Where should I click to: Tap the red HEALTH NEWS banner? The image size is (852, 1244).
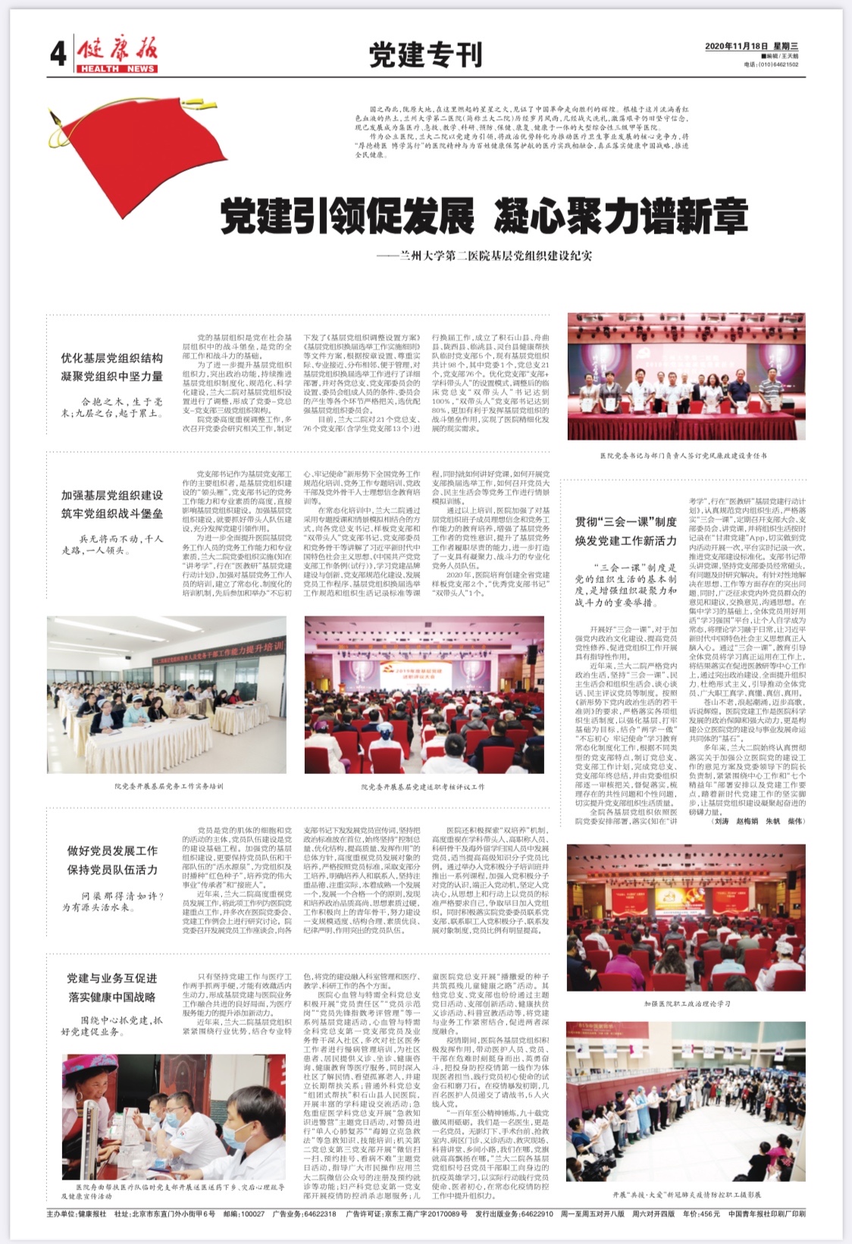tap(117, 69)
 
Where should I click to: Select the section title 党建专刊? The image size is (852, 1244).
tap(425, 55)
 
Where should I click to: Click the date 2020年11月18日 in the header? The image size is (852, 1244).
tap(731, 46)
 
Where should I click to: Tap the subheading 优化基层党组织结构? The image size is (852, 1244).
tap(111, 358)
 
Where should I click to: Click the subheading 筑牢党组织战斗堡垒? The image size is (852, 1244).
tap(111, 513)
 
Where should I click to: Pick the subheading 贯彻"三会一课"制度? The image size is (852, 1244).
tap(625, 522)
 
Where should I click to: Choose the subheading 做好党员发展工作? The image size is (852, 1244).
tap(112, 851)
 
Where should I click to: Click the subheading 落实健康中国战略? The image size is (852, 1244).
tap(112, 997)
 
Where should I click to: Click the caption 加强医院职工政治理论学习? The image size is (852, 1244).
tap(687, 1003)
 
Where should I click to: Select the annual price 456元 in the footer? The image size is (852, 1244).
tap(709, 1214)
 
